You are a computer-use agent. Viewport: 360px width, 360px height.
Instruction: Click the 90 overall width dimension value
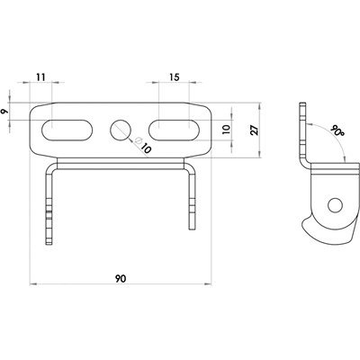[120, 279]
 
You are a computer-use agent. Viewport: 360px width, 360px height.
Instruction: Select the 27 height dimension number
[254, 130]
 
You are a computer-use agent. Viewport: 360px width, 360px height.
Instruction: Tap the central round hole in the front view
[121, 130]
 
